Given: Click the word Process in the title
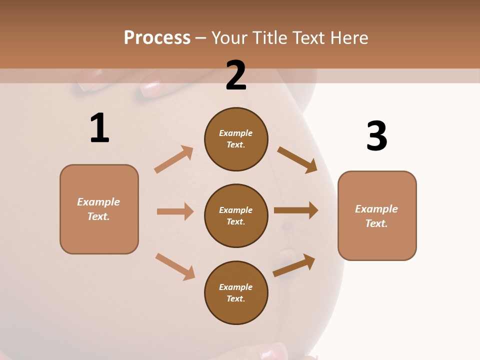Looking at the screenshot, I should click(x=157, y=38).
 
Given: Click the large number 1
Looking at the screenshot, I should click(x=99, y=128).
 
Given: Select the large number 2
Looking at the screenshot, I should click(x=236, y=75).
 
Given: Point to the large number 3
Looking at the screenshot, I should click(x=376, y=136).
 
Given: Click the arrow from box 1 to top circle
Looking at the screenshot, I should click(x=173, y=159).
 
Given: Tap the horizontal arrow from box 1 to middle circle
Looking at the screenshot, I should click(x=175, y=211).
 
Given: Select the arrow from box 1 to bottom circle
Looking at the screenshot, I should click(x=175, y=266).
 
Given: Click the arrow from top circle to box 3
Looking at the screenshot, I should click(x=297, y=160).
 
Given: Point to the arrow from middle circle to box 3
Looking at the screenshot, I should click(x=295, y=210).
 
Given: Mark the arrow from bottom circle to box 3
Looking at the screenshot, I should click(x=294, y=265).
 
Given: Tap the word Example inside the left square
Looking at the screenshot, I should click(x=98, y=202).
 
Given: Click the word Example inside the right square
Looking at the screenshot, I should click(x=376, y=209).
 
